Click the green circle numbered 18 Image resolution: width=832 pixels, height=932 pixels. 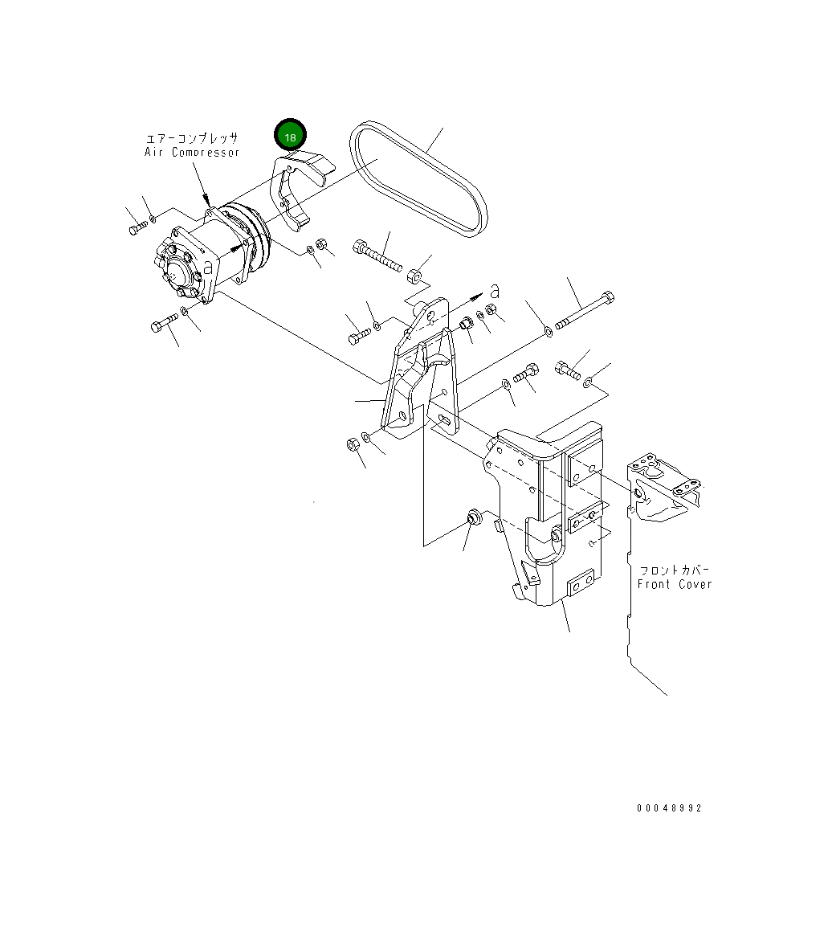click(291, 137)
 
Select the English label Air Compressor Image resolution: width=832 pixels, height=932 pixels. click(192, 153)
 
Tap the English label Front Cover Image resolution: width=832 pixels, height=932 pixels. click(675, 584)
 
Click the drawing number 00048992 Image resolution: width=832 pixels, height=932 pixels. click(669, 808)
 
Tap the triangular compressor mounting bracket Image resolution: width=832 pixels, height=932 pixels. click(422, 370)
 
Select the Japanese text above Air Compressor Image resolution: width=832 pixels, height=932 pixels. click(192, 138)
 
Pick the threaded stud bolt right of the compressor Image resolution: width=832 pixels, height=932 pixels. click(377, 255)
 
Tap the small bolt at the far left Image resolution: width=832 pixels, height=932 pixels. click(135, 230)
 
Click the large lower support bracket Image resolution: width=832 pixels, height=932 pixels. click(546, 514)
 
